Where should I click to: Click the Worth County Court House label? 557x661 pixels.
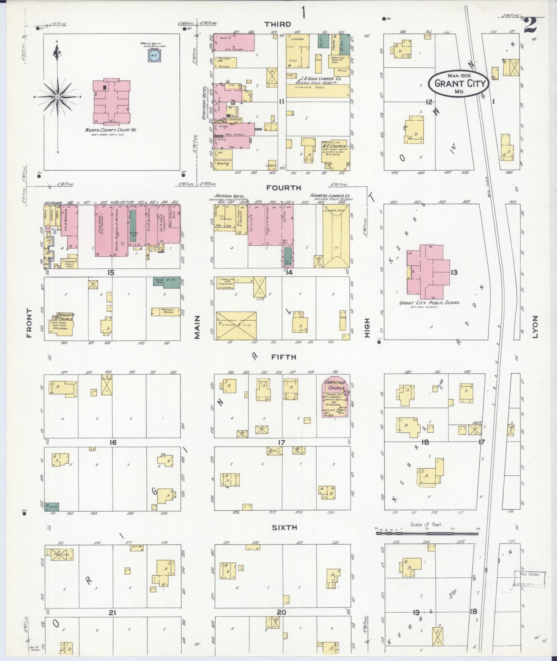tap(111, 130)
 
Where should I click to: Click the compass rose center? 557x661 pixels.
tap(57, 97)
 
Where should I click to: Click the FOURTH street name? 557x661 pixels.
tap(284, 188)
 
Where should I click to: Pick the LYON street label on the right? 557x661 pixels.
tap(535, 326)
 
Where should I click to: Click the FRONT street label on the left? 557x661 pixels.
tap(29, 323)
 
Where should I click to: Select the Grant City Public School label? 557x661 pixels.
tap(430, 303)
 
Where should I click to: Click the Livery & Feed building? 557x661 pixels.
tap(236, 325)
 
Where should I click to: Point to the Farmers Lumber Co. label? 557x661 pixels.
tap(330, 196)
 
